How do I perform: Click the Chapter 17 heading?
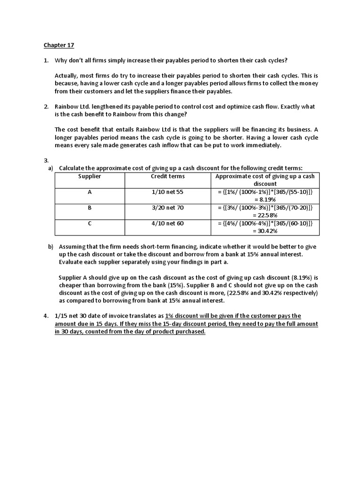pos(59,45)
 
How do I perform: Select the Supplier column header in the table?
pos(90,176)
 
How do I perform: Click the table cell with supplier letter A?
pos(90,192)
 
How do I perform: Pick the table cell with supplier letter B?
pos(90,208)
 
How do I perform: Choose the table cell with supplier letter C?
pos(90,223)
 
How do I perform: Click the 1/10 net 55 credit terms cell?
pos(168,192)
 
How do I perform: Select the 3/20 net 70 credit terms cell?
pos(168,208)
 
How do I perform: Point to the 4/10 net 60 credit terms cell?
pos(168,223)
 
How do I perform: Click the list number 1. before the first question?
pos(46,61)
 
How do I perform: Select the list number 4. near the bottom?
pos(46,316)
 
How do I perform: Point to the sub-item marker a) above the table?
pos(50,168)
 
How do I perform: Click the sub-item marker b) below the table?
pos(50,247)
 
